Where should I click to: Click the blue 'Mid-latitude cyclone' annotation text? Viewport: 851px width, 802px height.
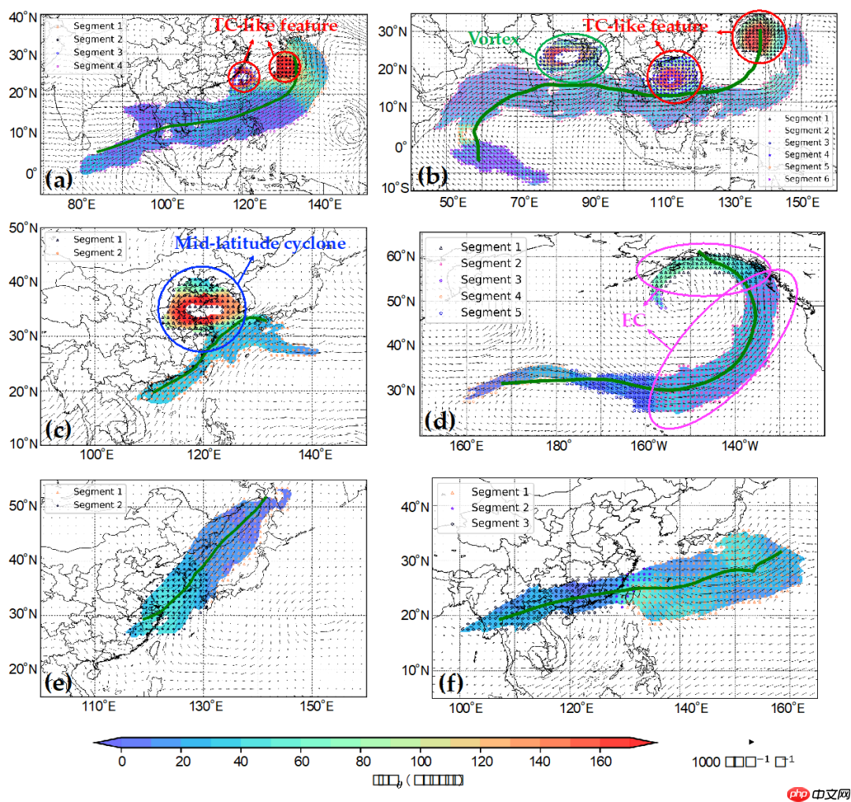pos(260,244)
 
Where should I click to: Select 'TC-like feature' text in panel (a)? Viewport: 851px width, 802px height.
pos(276,26)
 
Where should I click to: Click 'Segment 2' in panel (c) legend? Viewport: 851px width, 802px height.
pos(98,252)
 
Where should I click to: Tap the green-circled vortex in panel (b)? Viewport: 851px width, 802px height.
pos(572,56)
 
